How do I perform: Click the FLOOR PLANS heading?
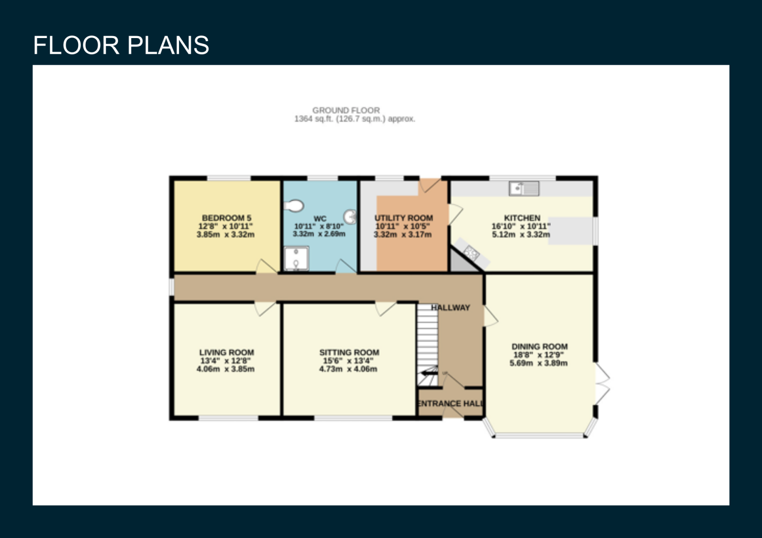tap(121, 45)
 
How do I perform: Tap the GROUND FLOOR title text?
tap(346, 110)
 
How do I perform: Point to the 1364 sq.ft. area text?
tap(354, 119)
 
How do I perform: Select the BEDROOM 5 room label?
tap(227, 218)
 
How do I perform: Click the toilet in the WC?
tap(293, 205)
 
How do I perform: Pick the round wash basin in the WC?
tap(350, 216)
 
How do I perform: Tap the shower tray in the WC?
tap(296, 259)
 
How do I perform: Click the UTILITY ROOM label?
tap(404, 218)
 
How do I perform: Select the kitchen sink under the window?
tap(524, 188)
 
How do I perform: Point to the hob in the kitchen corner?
tap(471, 253)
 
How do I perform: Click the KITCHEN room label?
tap(522, 218)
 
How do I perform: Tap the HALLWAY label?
tap(451, 308)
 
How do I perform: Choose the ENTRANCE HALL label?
tap(450, 403)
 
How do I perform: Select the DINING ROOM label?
tap(540, 347)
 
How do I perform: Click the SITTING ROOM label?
tap(349, 352)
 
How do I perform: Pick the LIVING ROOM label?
tap(227, 352)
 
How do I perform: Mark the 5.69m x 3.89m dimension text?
tap(539, 363)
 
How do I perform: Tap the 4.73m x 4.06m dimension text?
tap(348, 369)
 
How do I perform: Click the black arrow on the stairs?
tap(429, 373)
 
